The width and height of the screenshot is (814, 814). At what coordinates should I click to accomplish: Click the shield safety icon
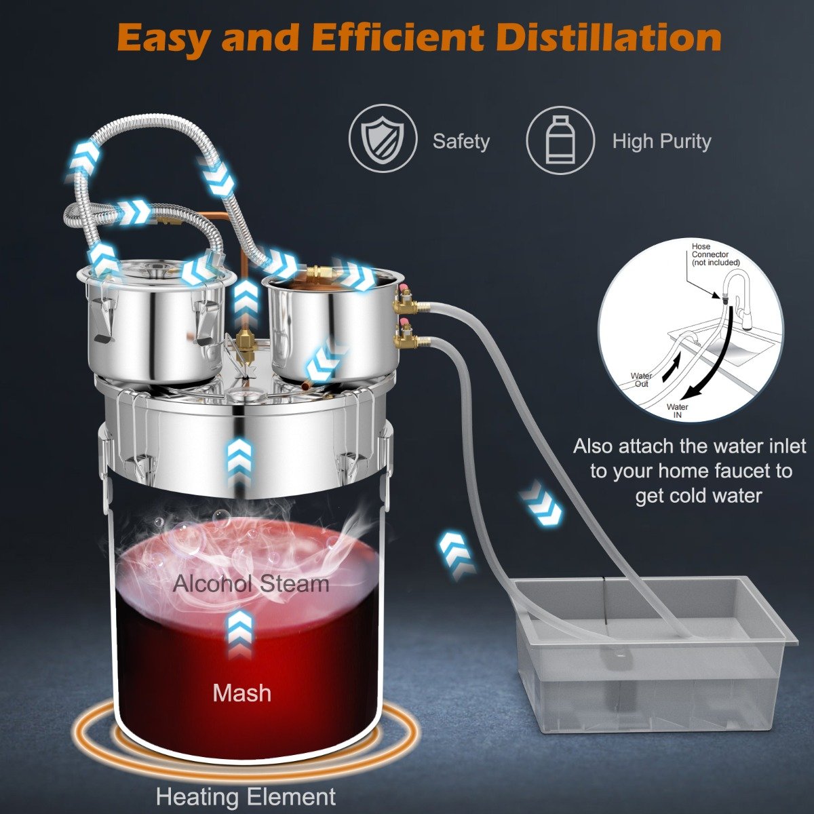[383, 139]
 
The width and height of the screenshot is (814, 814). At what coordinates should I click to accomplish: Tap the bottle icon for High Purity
[560, 139]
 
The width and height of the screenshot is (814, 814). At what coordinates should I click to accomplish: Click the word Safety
[461, 141]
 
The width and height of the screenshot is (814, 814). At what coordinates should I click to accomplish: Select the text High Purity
[661, 141]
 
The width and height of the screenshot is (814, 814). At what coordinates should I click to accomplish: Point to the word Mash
[241, 693]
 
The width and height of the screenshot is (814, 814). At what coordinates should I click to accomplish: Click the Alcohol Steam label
[251, 583]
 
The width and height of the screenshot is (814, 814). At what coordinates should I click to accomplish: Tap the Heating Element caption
[246, 796]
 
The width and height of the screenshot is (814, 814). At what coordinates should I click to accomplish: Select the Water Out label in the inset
[641, 380]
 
